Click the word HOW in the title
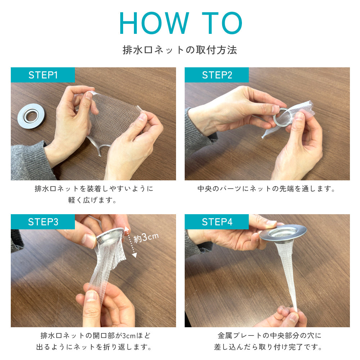154,23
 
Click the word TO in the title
222,23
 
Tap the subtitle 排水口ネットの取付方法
180,50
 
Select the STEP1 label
43,75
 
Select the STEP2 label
217,75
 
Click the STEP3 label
43,222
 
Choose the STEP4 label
217,222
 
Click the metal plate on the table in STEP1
31,116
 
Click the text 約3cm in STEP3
146,237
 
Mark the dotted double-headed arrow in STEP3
130,242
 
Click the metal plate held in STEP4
283,233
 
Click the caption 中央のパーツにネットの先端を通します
266,189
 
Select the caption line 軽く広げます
92,200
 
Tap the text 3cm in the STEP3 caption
129,336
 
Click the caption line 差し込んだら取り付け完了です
267,347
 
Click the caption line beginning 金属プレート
269,336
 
